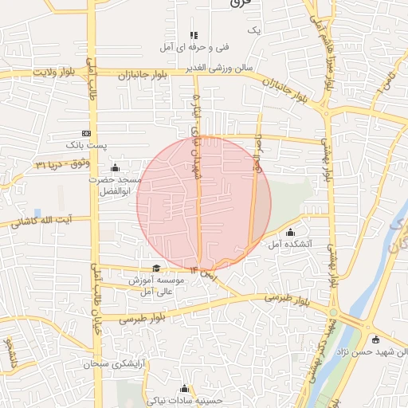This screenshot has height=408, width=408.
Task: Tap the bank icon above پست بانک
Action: (x=87, y=133)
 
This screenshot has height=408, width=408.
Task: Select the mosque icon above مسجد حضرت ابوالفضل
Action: (x=116, y=167)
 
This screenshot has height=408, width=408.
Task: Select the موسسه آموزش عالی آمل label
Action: (x=159, y=287)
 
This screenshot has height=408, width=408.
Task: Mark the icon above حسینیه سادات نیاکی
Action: (x=186, y=388)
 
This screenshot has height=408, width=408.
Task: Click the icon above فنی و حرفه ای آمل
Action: (x=192, y=35)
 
